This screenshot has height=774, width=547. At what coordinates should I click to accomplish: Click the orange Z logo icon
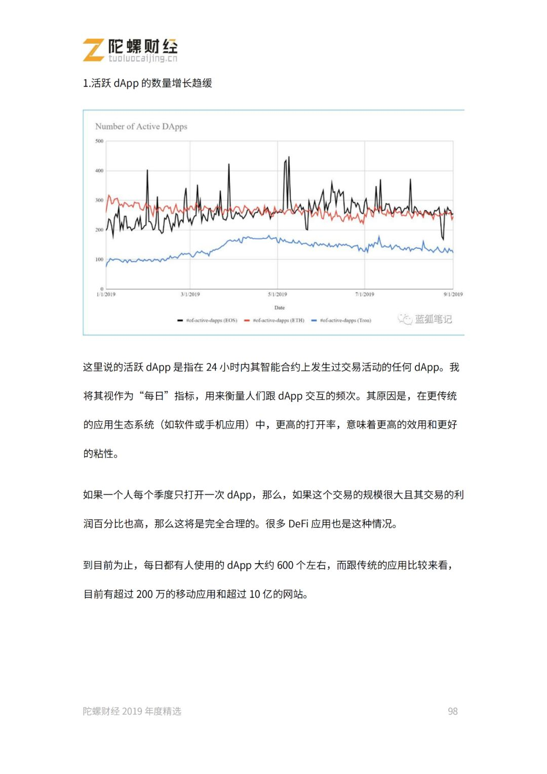point(94,50)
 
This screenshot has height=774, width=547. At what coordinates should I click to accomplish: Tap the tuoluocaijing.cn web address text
point(143,59)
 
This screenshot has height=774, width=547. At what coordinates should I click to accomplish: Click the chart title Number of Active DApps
point(141,127)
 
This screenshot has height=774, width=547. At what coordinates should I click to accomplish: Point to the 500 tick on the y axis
point(99,141)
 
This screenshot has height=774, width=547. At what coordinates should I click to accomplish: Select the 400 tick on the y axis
point(99,171)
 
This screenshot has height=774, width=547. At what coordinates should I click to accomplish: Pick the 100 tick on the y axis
point(99,260)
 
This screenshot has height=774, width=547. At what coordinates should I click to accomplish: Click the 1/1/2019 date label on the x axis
point(106,294)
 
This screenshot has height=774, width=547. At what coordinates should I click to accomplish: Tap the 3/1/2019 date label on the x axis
point(190,294)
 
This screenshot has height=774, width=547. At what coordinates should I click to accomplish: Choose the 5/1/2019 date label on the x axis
point(278,294)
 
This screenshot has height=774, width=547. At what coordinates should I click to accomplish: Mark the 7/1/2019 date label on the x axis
point(365,294)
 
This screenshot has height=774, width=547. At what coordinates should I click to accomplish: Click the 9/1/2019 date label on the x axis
point(453,294)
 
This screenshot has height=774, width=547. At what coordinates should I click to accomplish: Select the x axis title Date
point(280,308)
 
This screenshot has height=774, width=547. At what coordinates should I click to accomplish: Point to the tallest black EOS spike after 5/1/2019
point(289,158)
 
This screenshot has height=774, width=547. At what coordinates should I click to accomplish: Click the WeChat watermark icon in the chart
point(405,319)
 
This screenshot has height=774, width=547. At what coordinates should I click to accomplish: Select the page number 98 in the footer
point(452,712)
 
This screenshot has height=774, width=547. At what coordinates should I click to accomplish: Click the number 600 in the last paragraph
point(285,565)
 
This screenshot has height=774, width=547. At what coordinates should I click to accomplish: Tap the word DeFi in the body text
point(298,524)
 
